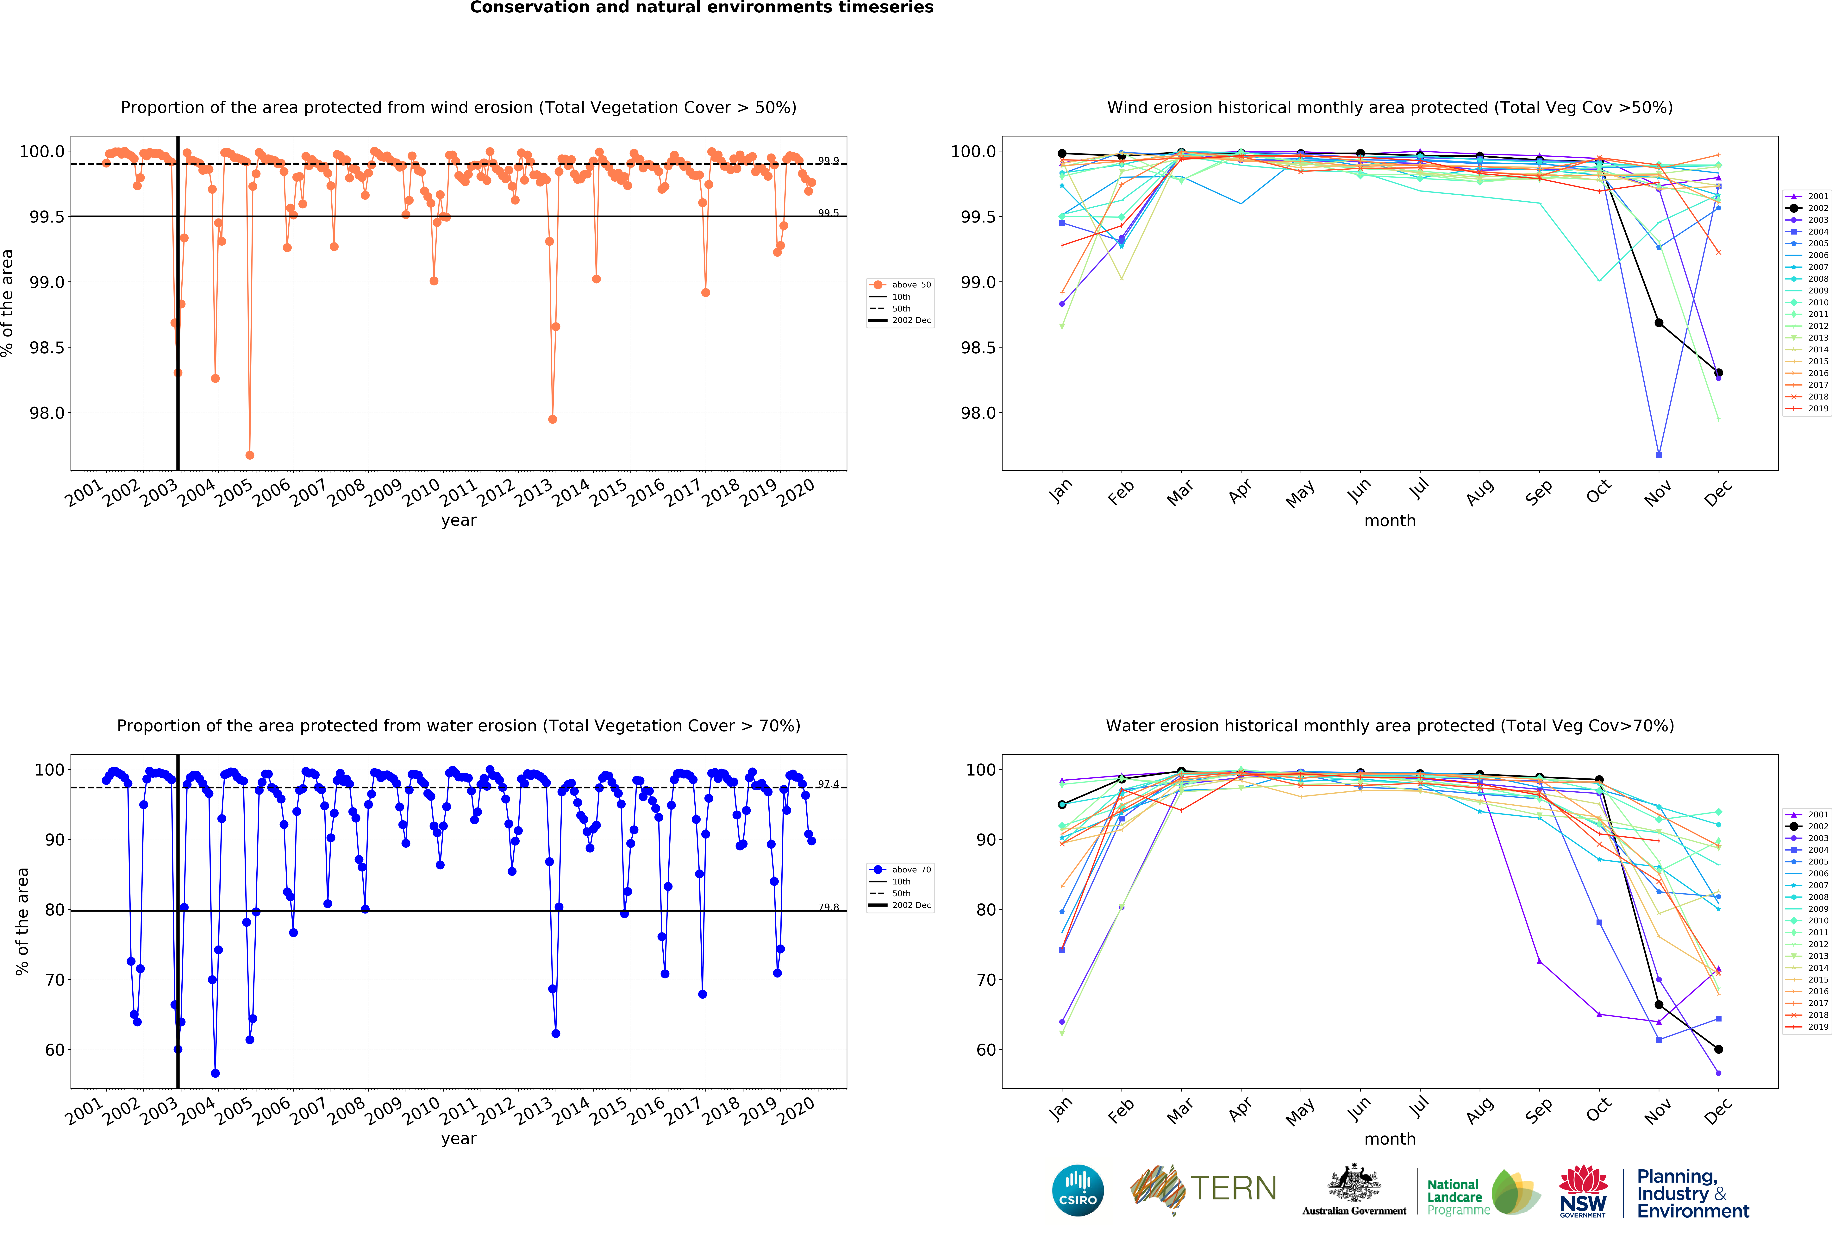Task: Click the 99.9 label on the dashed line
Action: (x=828, y=161)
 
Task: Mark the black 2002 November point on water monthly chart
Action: (x=1659, y=1005)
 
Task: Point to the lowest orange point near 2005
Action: (x=250, y=455)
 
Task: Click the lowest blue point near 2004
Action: (x=215, y=1073)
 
